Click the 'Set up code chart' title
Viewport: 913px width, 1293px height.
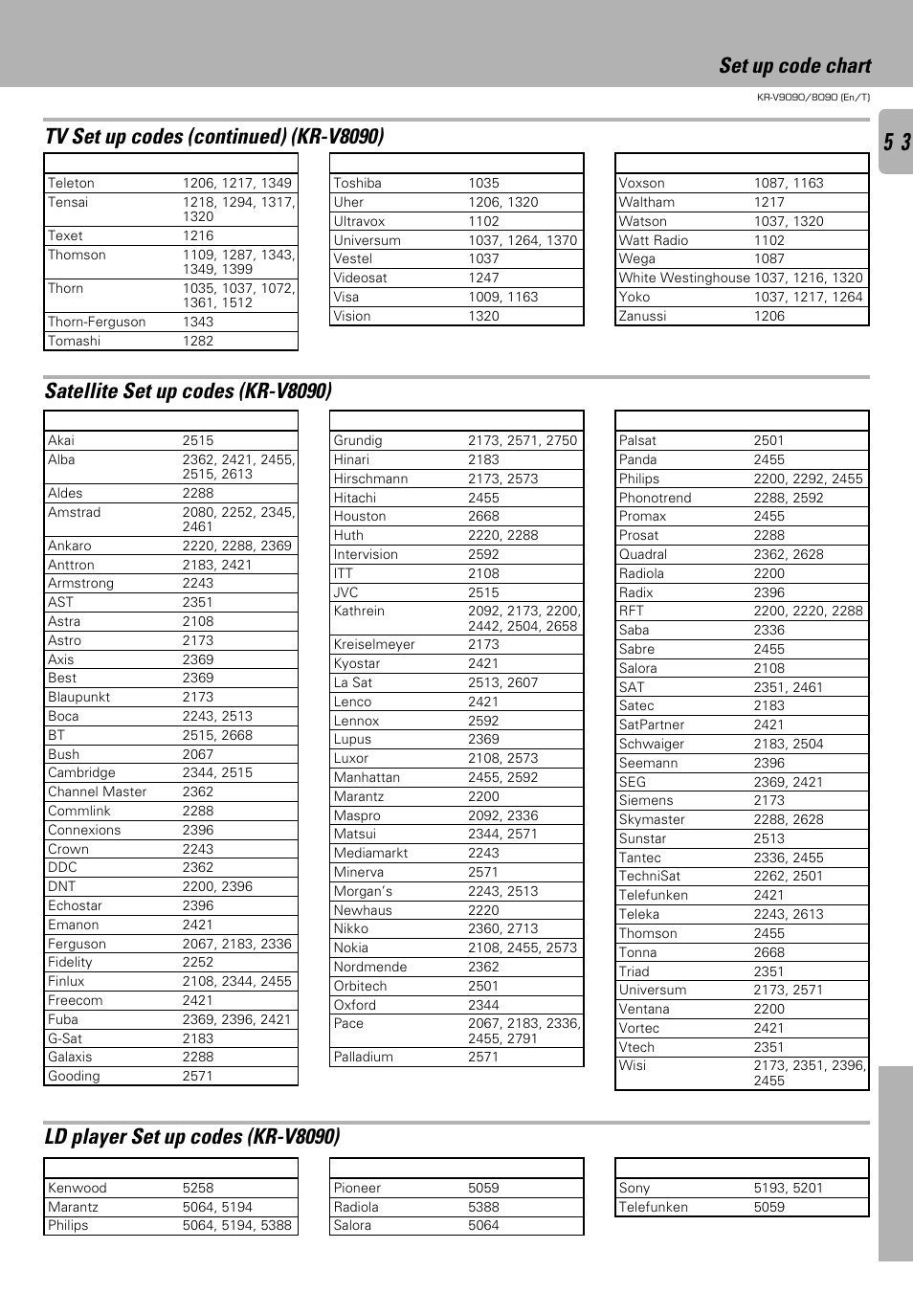tap(794, 66)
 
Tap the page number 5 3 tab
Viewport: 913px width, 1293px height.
tap(897, 143)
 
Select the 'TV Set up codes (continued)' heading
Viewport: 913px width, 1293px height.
tap(214, 137)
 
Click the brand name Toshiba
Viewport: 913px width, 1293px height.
tap(357, 183)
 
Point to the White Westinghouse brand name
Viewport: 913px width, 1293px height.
tap(684, 278)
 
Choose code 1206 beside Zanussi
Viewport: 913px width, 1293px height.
tap(768, 316)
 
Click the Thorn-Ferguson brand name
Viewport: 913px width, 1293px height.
tap(97, 322)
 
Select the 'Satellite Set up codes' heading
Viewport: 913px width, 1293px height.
tap(189, 391)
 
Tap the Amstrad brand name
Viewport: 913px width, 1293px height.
tap(74, 512)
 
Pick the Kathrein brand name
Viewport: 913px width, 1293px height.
tap(359, 611)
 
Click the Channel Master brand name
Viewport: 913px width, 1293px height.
tap(97, 791)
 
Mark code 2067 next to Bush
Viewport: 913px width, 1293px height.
tap(198, 754)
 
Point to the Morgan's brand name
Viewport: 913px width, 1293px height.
tap(363, 891)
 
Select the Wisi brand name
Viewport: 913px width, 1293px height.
tap(632, 1065)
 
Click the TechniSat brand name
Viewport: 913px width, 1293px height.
tap(649, 876)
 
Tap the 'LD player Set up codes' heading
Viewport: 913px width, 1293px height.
tap(192, 1137)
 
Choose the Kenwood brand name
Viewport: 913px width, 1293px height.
tap(77, 1188)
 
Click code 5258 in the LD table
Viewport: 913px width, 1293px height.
tap(198, 1188)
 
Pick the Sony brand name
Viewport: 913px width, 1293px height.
tap(634, 1188)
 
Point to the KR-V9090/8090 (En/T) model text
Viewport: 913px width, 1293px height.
tap(813, 97)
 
